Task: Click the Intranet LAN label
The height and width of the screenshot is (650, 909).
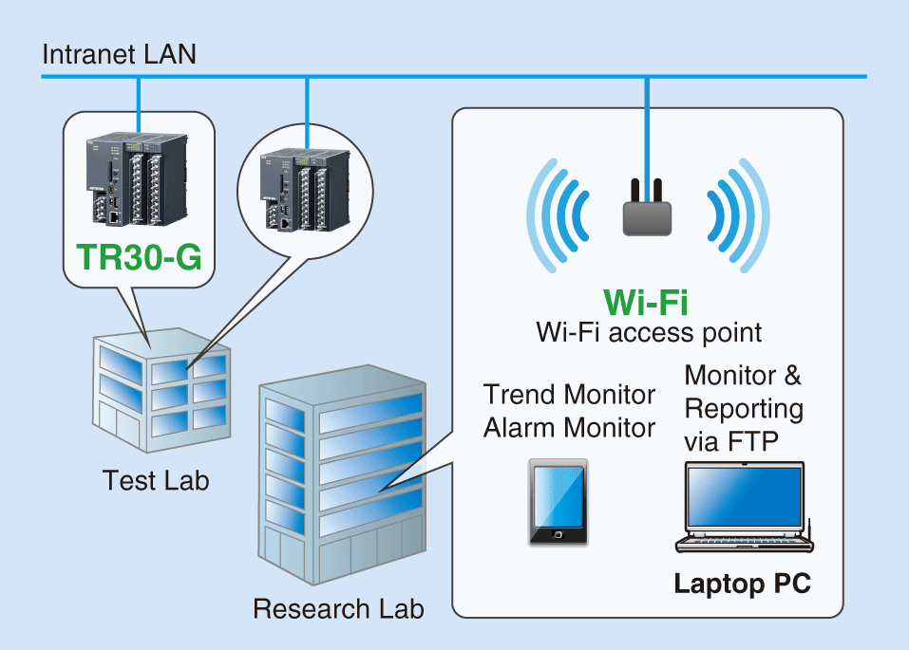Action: (120, 54)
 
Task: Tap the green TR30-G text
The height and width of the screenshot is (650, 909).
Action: (140, 257)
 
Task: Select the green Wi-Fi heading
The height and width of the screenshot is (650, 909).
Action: (647, 302)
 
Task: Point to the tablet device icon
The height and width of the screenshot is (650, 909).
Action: (558, 503)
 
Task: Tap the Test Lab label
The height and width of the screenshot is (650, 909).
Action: (156, 480)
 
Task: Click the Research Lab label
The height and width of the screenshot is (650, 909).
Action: (338, 607)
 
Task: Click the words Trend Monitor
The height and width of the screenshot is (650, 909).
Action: (569, 394)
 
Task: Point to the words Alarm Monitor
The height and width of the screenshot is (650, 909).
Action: (569, 428)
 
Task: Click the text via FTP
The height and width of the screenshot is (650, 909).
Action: (729, 443)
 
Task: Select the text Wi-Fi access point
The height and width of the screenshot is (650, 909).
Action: (648, 332)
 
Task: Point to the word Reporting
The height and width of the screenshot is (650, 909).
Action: (743, 409)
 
